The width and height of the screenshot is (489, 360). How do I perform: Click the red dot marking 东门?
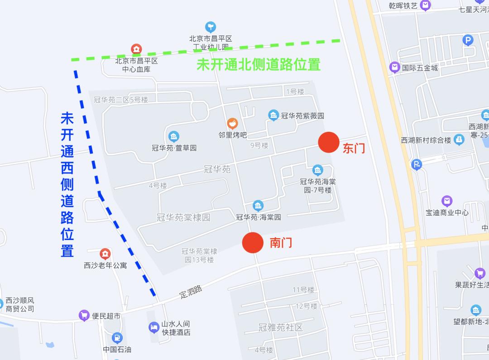point(329,143)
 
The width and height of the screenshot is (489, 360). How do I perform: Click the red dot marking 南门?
point(253,243)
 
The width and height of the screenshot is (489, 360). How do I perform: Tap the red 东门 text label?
point(354,149)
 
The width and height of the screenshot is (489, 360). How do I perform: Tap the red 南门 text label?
point(281,243)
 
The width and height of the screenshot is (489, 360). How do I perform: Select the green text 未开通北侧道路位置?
point(258,64)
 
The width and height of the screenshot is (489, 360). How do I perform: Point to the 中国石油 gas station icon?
point(117,337)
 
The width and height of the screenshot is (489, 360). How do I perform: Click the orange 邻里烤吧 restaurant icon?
point(233,123)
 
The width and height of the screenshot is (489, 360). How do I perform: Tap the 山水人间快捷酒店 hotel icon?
point(154,327)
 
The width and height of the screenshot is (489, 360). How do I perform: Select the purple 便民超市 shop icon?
point(84,316)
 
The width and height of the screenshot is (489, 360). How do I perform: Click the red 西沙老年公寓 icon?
point(105,254)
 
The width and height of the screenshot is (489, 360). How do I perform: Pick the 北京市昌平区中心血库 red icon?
point(136,48)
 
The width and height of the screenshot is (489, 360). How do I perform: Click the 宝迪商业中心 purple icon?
point(447,201)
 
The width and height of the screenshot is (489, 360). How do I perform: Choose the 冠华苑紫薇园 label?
point(302,116)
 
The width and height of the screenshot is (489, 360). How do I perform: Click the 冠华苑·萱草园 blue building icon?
point(173,136)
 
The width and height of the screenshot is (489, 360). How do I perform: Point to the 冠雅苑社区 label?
point(280,327)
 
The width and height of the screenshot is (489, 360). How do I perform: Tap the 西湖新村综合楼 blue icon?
point(459,140)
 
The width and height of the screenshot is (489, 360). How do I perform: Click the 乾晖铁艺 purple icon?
point(425,5)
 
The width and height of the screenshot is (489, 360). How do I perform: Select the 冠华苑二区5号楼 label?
point(121,100)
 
